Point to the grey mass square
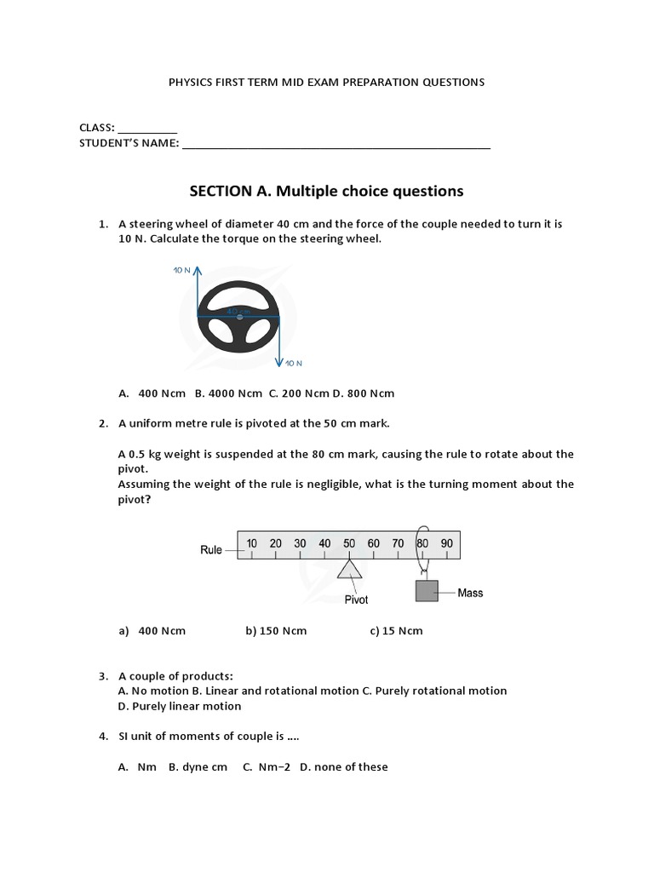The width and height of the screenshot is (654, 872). coord(426,591)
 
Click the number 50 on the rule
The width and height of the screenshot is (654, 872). coord(349,543)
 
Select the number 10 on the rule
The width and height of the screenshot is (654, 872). coord(252,543)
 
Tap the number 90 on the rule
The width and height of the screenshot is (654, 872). coord(446,543)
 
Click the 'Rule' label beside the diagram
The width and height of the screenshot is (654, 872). coord(211,550)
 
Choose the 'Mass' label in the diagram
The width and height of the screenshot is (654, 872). coord(470,593)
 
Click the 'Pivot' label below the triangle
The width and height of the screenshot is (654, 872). coord(356,599)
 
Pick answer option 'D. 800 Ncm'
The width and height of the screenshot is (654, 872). coord(364,393)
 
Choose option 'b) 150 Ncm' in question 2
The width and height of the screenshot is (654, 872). coord(276,631)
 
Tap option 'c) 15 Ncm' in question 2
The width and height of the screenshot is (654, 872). coord(396,631)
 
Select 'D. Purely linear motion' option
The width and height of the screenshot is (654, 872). coord(180,706)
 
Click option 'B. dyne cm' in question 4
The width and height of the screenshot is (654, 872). coord(198,766)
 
